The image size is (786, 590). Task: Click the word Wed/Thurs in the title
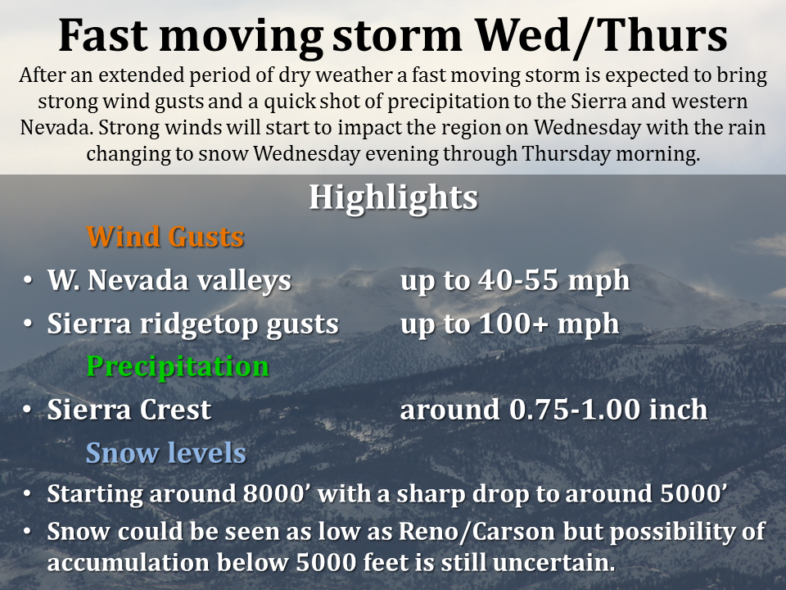click(601, 36)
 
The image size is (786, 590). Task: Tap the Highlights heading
click(394, 197)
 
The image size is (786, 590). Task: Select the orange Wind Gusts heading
click(165, 236)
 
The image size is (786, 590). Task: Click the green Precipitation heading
click(178, 366)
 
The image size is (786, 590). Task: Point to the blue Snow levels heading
click(166, 452)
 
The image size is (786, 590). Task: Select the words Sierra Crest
click(129, 410)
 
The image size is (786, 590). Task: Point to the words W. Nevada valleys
click(169, 280)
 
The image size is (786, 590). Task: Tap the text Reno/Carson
click(477, 532)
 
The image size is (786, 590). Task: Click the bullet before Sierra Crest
click(28, 410)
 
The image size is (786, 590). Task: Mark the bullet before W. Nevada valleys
click(28, 280)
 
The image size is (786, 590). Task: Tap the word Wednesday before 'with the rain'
click(587, 128)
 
